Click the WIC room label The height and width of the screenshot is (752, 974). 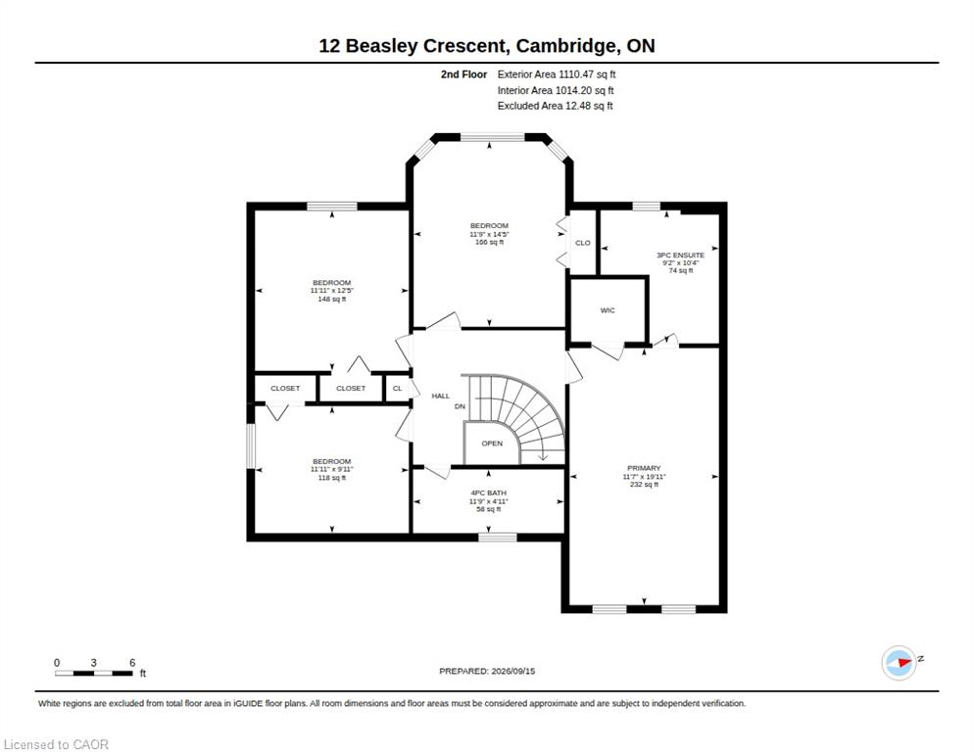tap(608, 310)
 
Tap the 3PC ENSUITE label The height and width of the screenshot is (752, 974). tap(681, 256)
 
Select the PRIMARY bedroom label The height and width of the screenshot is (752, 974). tap(644, 468)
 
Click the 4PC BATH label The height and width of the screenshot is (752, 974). tap(489, 493)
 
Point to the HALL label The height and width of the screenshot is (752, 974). tap(440, 397)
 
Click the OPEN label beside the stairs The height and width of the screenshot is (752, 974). tap(492, 444)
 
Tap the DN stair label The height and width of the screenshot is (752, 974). tap(460, 406)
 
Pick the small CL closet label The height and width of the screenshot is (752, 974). tap(398, 389)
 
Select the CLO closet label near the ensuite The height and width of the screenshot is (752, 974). tap(583, 243)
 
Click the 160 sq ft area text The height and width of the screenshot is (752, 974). tap(490, 242)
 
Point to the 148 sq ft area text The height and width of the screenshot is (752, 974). tap(332, 300)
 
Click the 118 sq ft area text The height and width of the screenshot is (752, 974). tap(332, 478)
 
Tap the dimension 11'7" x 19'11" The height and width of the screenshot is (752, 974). tap(644, 477)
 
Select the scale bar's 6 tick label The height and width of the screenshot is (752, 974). tap(132, 663)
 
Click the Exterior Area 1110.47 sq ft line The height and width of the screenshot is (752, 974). tap(557, 74)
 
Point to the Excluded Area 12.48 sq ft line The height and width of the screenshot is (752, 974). tap(556, 106)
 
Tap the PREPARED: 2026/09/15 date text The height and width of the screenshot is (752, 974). tap(487, 672)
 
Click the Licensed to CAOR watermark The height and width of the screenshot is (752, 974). tap(56, 744)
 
